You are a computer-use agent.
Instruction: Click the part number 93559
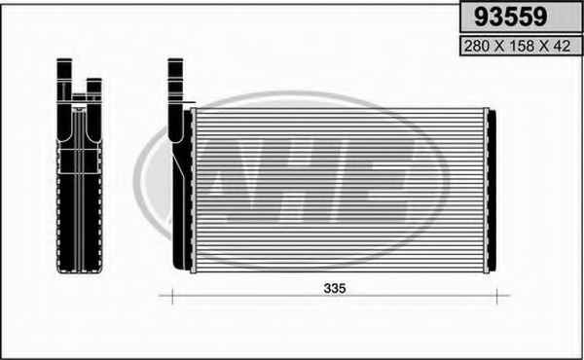[x=511, y=17]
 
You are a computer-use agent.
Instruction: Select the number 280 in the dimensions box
[x=477, y=46]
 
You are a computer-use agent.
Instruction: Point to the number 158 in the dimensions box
[x=522, y=46]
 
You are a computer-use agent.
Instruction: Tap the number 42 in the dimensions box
[x=562, y=46]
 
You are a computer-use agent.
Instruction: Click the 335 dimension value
[x=335, y=288]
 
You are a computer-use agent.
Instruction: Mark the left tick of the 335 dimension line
[x=172, y=297]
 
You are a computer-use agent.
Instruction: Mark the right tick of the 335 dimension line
[x=496, y=297]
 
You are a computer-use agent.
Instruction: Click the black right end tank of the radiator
[x=492, y=191]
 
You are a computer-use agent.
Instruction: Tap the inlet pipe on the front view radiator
[x=175, y=100]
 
